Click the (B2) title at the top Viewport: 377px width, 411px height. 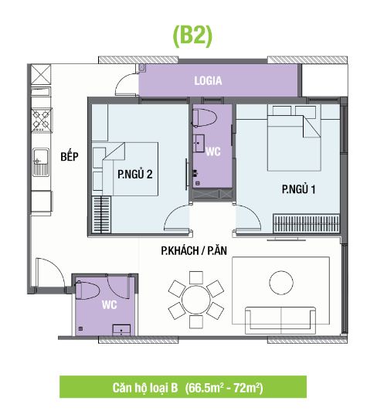coord(192,37)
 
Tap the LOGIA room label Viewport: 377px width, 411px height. coord(208,80)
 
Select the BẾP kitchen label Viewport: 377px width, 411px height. coord(70,157)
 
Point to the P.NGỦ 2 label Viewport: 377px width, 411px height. coord(135,175)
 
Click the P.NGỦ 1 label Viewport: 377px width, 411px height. coord(299,189)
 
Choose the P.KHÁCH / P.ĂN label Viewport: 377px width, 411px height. coord(194,250)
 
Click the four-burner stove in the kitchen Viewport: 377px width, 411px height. coord(42,121)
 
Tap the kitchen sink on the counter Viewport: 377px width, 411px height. coord(41,162)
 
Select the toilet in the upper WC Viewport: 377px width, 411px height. coord(204,118)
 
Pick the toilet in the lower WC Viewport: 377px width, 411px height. coord(87,290)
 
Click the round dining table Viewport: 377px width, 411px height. coord(196,299)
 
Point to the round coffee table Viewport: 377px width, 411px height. coord(281,283)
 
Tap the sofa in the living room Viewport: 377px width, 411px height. coord(280,321)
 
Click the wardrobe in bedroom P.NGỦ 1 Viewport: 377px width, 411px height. coord(306,223)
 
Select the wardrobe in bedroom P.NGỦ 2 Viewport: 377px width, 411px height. coord(101,215)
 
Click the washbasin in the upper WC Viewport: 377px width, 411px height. coord(199,144)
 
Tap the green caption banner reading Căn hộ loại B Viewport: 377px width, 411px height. coord(183,387)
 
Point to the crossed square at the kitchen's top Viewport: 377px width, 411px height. coord(41,74)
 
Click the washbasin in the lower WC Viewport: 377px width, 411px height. coord(121,331)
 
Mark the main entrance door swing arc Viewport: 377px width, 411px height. coord(56,266)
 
